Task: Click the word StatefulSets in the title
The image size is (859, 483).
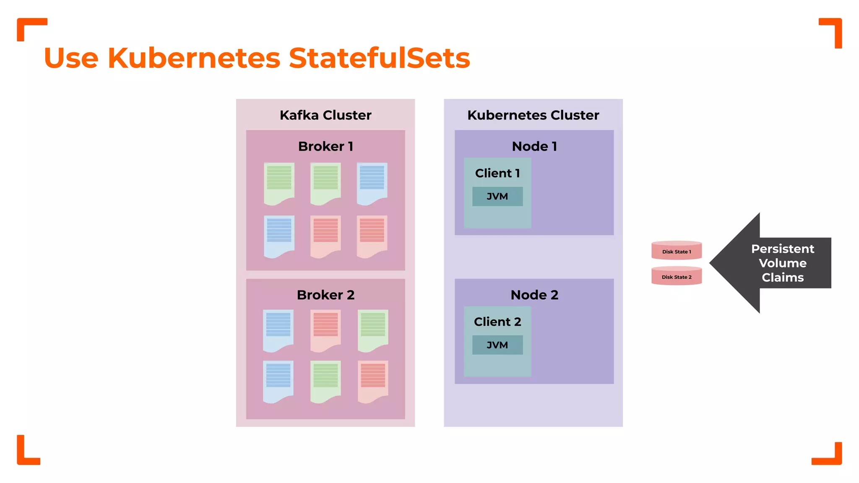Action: click(x=379, y=58)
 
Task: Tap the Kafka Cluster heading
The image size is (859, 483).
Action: click(x=325, y=115)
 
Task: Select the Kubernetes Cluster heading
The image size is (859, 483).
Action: click(x=533, y=115)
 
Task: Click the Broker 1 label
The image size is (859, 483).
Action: click(x=325, y=146)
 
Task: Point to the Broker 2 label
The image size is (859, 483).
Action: click(x=325, y=295)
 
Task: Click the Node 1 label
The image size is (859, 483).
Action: click(x=534, y=146)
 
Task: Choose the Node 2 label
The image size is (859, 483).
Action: click(x=534, y=295)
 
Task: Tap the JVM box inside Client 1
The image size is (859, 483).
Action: click(x=497, y=196)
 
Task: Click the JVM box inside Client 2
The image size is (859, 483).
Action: click(x=497, y=345)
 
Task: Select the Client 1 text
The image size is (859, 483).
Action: click(x=497, y=173)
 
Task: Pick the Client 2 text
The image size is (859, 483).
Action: click(x=497, y=322)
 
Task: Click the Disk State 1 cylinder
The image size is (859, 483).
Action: click(x=677, y=251)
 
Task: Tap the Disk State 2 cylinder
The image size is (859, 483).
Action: click(x=677, y=276)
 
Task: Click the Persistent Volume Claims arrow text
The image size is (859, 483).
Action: click(x=782, y=263)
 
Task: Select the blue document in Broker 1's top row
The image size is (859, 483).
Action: click(x=372, y=183)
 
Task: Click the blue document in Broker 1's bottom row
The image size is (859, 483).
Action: click(x=279, y=236)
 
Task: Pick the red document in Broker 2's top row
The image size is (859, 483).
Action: click(x=325, y=330)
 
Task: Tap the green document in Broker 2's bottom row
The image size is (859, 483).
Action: click(x=325, y=381)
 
